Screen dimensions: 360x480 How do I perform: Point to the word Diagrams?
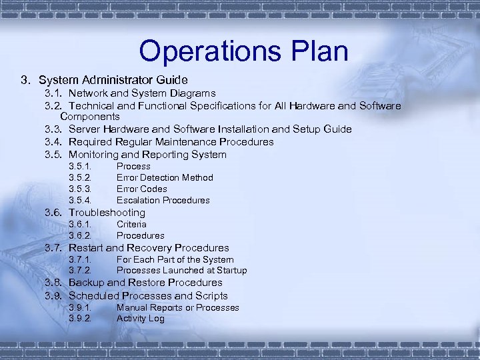[x=191, y=93]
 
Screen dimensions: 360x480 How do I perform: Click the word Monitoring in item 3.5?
[x=97, y=155]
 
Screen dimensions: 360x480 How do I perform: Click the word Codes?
[x=153, y=189]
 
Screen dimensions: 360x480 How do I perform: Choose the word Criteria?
[x=131, y=225]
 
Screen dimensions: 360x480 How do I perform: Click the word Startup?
[x=231, y=271]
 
